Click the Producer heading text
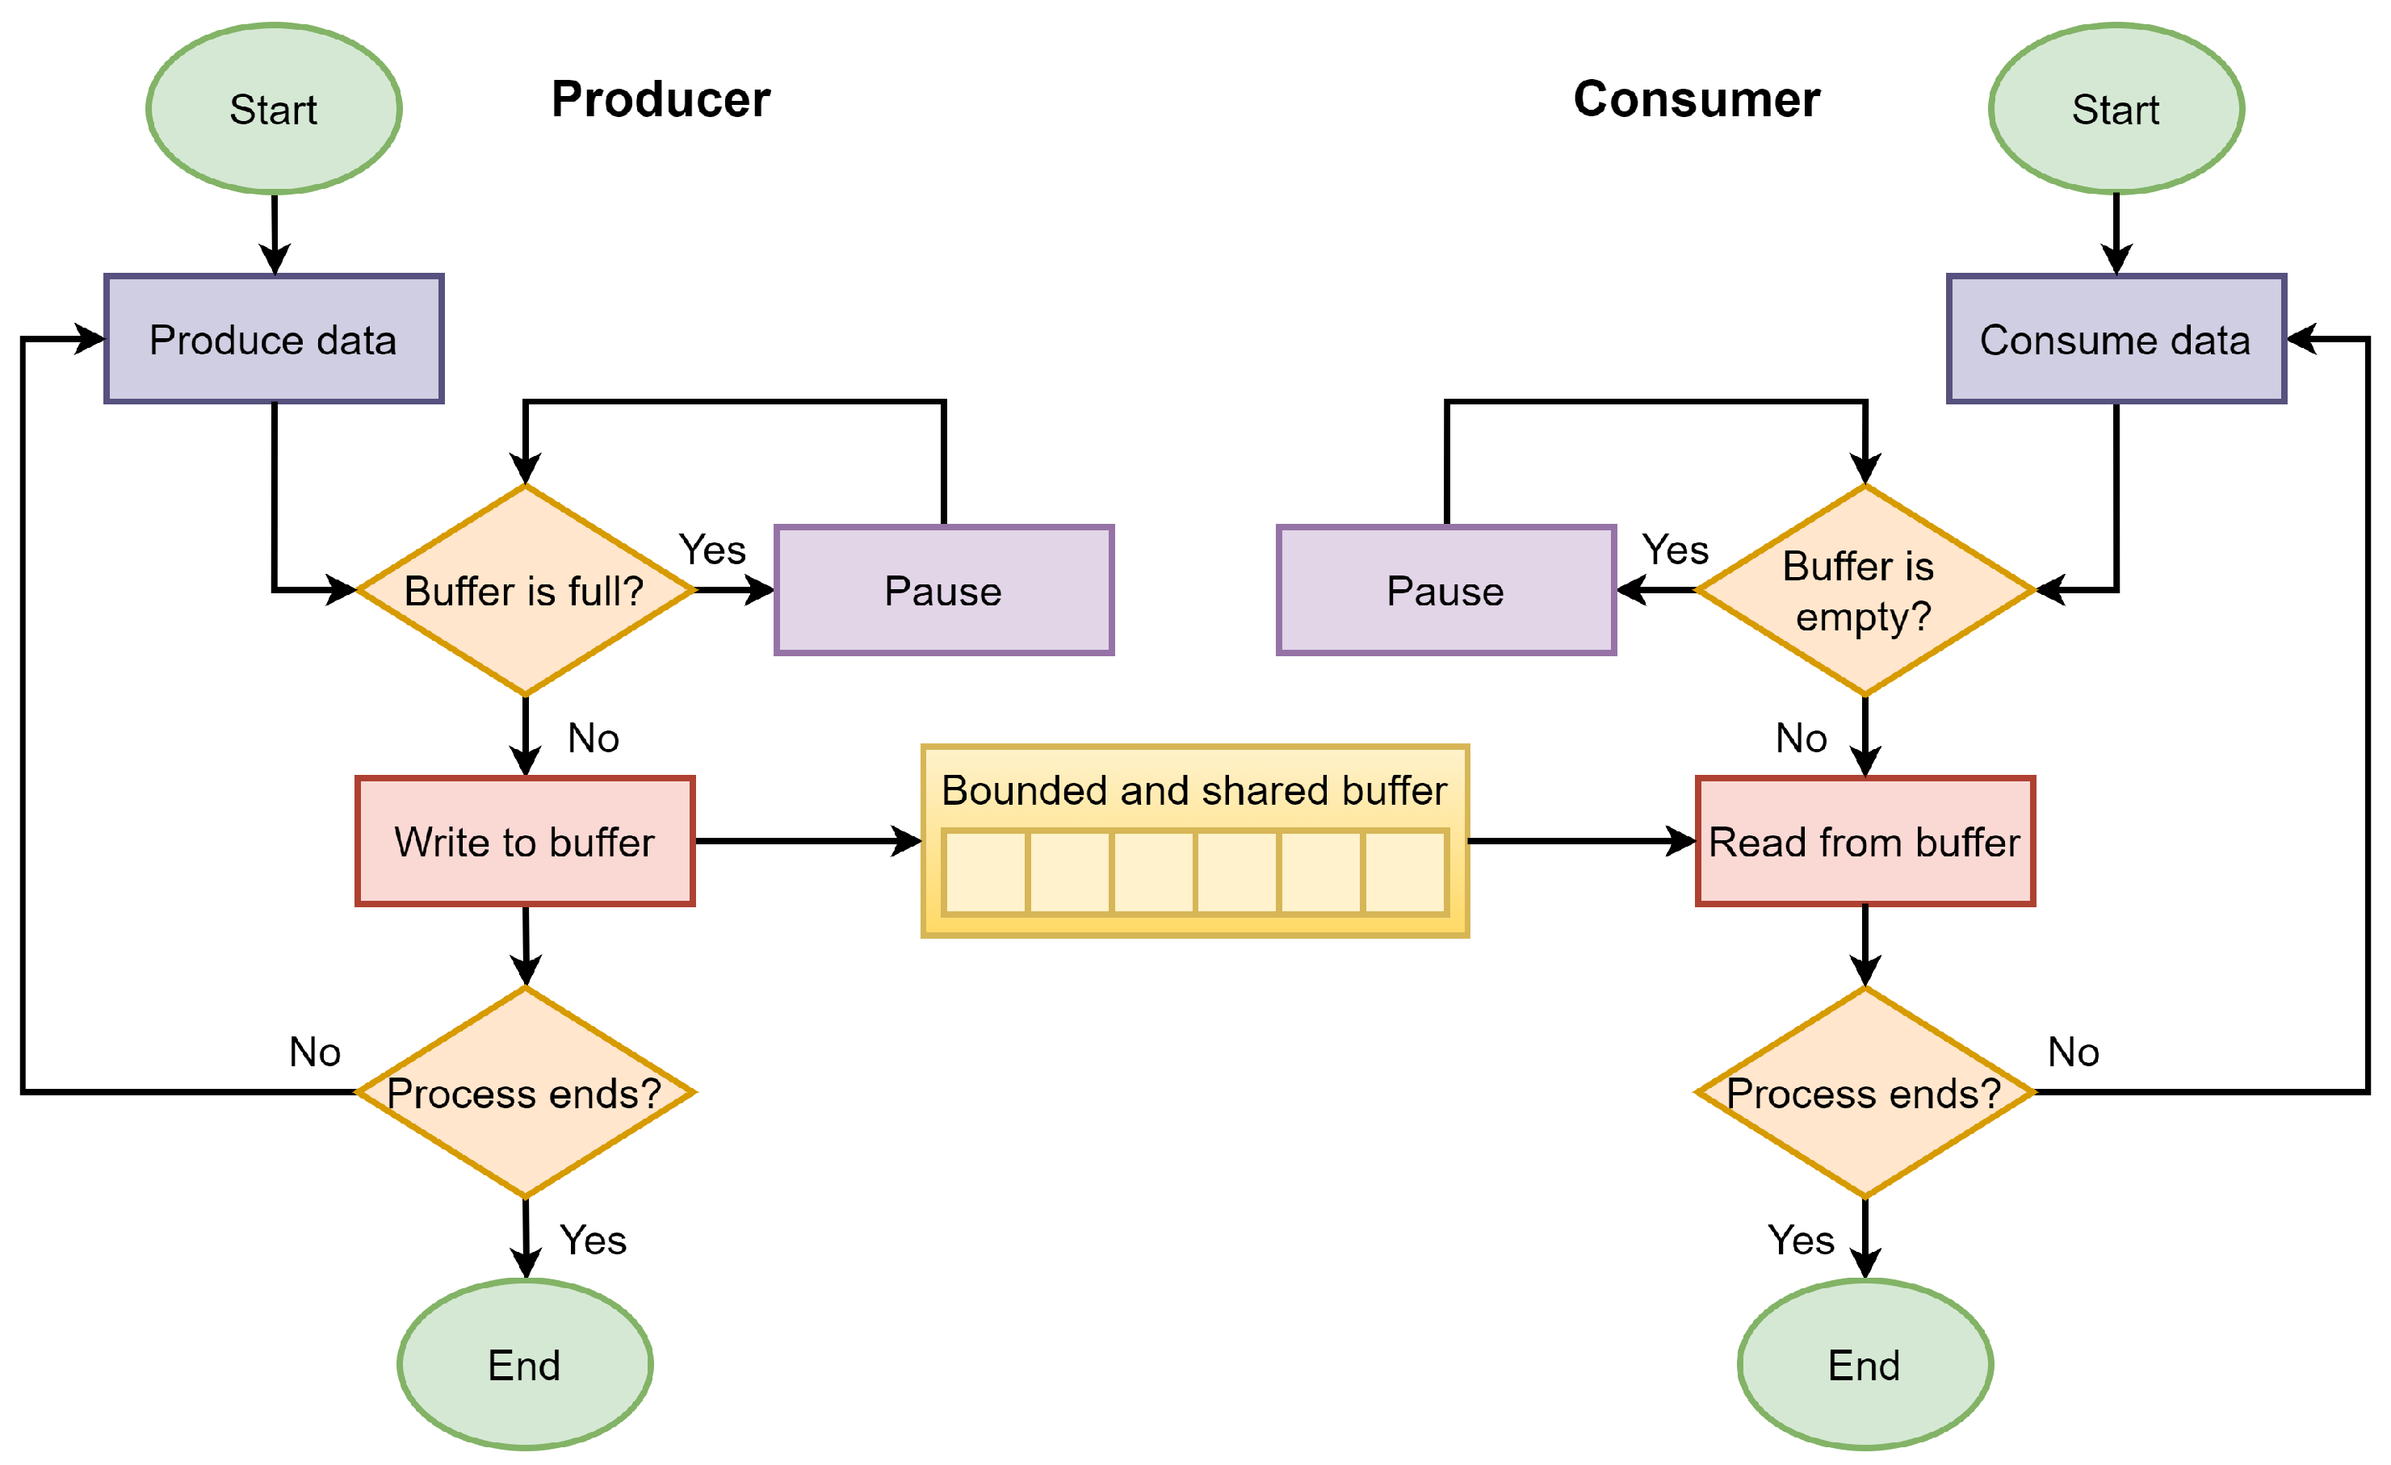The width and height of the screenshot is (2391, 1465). click(661, 100)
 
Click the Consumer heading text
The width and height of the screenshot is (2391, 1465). click(1697, 100)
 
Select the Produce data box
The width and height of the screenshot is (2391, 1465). click(274, 340)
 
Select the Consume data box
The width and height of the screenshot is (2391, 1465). click(2116, 340)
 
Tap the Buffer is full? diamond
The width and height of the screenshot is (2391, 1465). click(525, 591)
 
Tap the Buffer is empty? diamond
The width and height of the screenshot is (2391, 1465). click(1864, 591)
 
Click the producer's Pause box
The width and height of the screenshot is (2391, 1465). click(943, 591)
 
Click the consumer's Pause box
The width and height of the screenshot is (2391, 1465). click(1446, 591)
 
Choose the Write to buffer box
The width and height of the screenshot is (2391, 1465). click(525, 841)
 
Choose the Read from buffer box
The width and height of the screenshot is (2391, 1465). click(1864, 841)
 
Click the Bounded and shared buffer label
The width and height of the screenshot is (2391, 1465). click(1193, 791)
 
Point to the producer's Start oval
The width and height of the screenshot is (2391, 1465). click(274, 109)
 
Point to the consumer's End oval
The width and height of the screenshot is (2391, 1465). click(1864, 1364)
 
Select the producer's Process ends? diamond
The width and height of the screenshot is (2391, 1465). click(525, 1092)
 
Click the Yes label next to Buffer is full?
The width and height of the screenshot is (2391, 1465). click(712, 550)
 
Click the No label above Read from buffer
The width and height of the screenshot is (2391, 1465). click(1801, 739)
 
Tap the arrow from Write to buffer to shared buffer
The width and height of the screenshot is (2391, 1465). click(805, 841)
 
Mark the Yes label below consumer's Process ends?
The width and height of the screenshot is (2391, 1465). click(1801, 1240)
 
